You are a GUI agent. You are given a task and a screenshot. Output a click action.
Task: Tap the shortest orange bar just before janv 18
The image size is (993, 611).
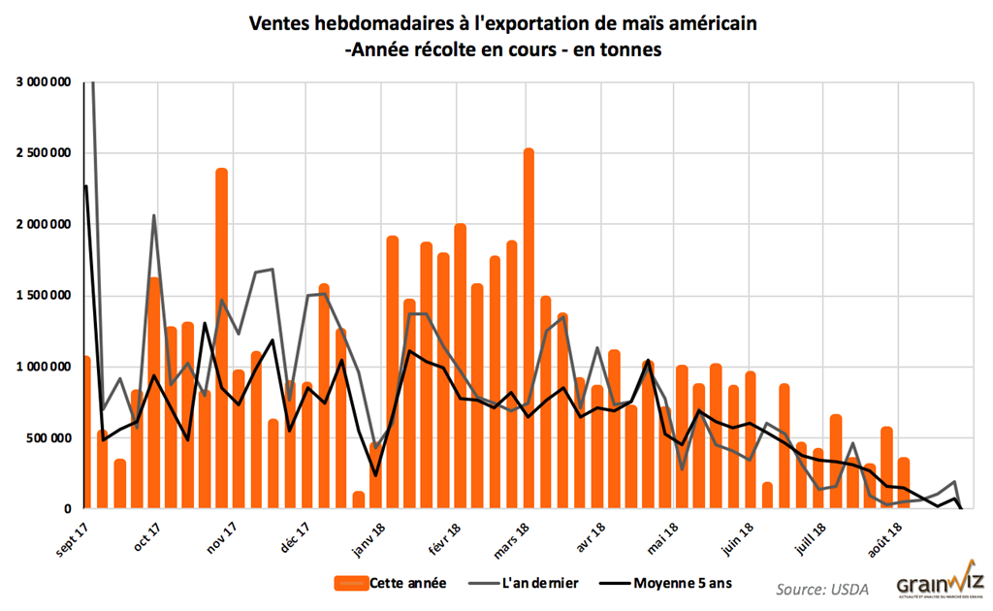point(358,499)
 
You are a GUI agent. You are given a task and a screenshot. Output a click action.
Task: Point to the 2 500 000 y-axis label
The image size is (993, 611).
point(45,153)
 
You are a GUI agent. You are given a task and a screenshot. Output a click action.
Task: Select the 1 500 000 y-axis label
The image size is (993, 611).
point(45,296)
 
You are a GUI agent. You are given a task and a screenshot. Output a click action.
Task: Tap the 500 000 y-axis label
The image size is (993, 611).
point(50,437)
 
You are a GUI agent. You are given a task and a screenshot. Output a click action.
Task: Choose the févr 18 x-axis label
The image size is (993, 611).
point(444,536)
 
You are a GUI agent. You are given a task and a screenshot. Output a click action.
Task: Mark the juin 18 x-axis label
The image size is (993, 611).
point(739,536)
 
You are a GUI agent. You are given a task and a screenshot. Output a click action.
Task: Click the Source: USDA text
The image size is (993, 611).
point(821,588)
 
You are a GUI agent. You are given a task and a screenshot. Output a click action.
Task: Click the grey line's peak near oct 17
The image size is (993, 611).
point(154,215)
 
